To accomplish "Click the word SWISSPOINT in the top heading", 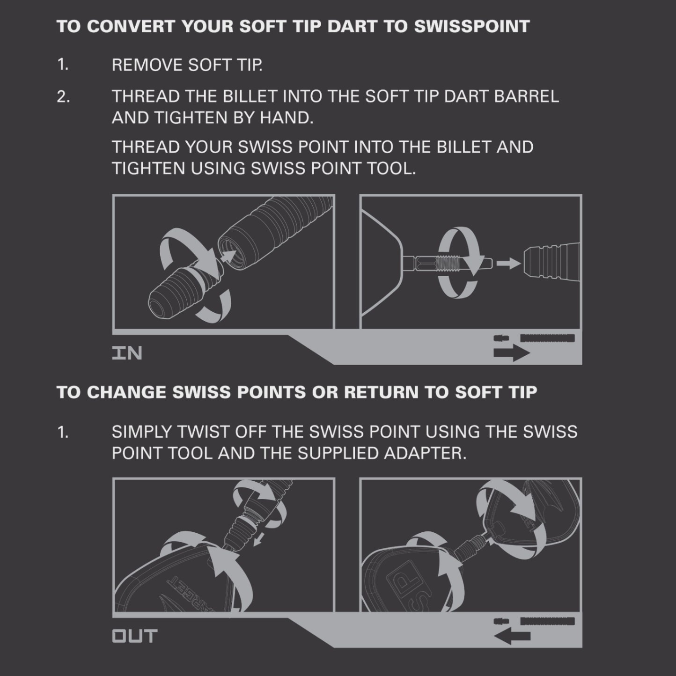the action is (x=472, y=26).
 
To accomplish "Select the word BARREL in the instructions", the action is (x=527, y=96).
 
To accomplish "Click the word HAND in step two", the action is (x=286, y=118).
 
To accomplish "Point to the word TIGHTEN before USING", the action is (x=148, y=169).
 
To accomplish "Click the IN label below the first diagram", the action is (x=127, y=353).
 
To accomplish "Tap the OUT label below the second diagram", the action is (x=135, y=636).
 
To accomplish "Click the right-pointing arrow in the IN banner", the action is (x=512, y=353).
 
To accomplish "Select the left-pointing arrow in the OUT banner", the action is (x=512, y=636).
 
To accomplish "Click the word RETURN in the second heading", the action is (x=381, y=392).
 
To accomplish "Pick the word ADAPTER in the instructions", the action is (x=425, y=454).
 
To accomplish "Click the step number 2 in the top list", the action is (x=63, y=97).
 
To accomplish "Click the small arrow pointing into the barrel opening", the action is (x=228, y=257).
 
